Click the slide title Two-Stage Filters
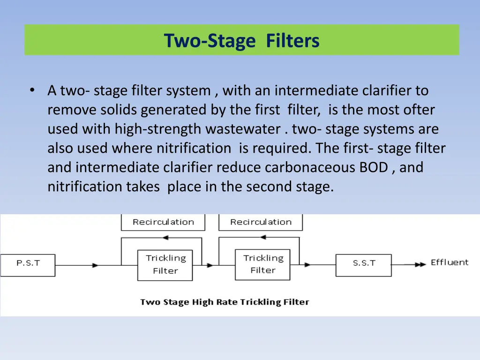pyautogui.click(x=241, y=41)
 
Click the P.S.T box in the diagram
pyautogui.click(x=28, y=264)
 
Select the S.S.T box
pyautogui.click(x=364, y=263)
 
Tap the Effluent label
pyautogui.click(x=450, y=262)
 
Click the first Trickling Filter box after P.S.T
pyautogui.click(x=165, y=265)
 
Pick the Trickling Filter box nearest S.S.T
pyautogui.click(x=262, y=265)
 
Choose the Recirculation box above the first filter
pyautogui.click(x=163, y=222)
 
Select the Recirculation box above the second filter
pyautogui.click(x=261, y=222)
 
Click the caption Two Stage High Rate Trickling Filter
pyautogui.click(x=225, y=302)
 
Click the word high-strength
pyautogui.click(x=159, y=129)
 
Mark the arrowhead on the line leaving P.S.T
pyautogui.click(x=96, y=265)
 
